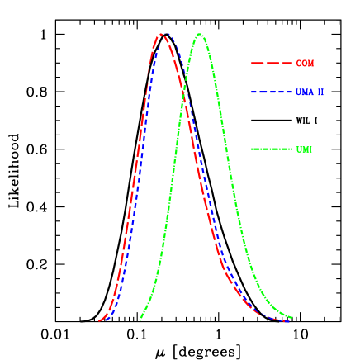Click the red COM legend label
[x=305, y=64]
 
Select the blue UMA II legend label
[x=310, y=92]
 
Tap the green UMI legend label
[x=304, y=149]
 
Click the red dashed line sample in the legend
[x=272, y=64]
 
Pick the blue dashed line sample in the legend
[x=272, y=92]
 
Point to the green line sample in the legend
[x=272, y=149]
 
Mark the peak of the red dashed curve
[x=161, y=34]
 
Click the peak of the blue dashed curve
[x=167, y=34]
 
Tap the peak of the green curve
[x=199, y=34]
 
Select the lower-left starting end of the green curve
[x=140, y=320]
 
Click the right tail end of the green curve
[x=292, y=316]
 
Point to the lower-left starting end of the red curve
[x=97, y=321]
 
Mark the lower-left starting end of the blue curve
[x=104, y=320]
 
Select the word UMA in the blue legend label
[x=304, y=92]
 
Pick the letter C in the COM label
[x=299, y=64]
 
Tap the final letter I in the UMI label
[x=310, y=149]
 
